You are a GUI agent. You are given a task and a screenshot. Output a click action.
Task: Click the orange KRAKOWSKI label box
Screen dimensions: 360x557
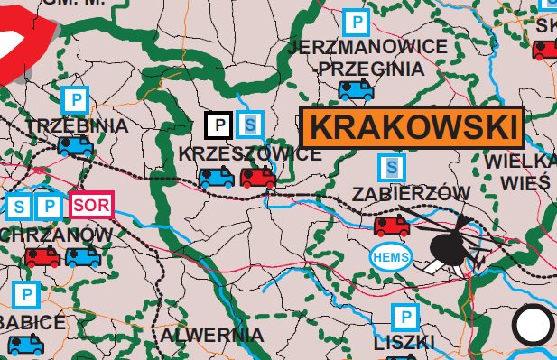[412, 128]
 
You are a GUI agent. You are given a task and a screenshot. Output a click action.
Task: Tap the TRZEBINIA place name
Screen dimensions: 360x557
[78, 125]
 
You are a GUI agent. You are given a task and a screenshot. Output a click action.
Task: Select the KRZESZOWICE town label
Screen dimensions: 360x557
[250, 153]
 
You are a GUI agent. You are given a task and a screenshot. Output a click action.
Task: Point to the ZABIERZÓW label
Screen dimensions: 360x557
[412, 193]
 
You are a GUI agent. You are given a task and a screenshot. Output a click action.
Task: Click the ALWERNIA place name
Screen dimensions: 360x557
[211, 335]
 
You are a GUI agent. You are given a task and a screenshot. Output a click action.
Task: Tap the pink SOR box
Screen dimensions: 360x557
[92, 205]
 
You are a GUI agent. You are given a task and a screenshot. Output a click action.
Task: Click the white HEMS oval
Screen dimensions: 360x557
[392, 257]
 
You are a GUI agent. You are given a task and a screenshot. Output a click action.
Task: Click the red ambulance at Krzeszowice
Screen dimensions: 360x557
[257, 177]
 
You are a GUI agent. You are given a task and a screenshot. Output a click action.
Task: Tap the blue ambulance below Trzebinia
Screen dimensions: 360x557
[75, 145]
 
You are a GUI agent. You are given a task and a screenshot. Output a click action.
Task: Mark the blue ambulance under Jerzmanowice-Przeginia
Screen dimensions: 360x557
[356, 89]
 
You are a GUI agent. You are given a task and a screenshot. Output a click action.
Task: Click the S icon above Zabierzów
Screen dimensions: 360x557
[391, 166]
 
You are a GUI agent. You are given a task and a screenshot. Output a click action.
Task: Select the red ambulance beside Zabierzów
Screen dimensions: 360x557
[391, 225]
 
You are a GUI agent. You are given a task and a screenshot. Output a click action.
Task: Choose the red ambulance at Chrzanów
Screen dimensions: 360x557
[42, 256]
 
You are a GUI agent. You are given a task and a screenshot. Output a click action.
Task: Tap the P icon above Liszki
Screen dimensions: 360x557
[404, 317]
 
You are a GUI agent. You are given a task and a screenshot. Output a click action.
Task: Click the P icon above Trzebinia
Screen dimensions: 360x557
[76, 99]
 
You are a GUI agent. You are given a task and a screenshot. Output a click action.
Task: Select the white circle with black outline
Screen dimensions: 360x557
[533, 325]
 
